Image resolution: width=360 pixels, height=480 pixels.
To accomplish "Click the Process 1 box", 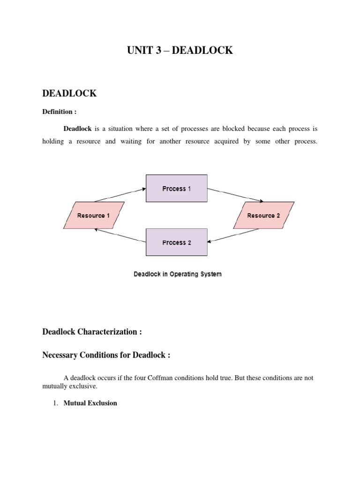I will click(x=176, y=188).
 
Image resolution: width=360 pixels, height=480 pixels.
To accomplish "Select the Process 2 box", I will click(x=176, y=242).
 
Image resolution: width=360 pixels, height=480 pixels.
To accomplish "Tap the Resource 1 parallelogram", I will click(x=94, y=215).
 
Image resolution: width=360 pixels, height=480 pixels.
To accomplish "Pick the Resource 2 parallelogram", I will click(x=263, y=215).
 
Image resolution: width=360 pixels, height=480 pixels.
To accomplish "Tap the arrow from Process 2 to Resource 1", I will click(x=120, y=235).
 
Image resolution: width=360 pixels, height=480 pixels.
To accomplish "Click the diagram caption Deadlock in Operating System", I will click(x=178, y=274).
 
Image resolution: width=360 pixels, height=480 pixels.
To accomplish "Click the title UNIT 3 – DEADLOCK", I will click(x=180, y=50).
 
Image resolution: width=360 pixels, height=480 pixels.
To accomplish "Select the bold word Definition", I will click(x=59, y=112).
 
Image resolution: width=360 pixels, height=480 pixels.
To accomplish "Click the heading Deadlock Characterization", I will click(x=92, y=332).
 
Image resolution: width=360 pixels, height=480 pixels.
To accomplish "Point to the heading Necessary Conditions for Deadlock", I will click(x=106, y=355).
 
